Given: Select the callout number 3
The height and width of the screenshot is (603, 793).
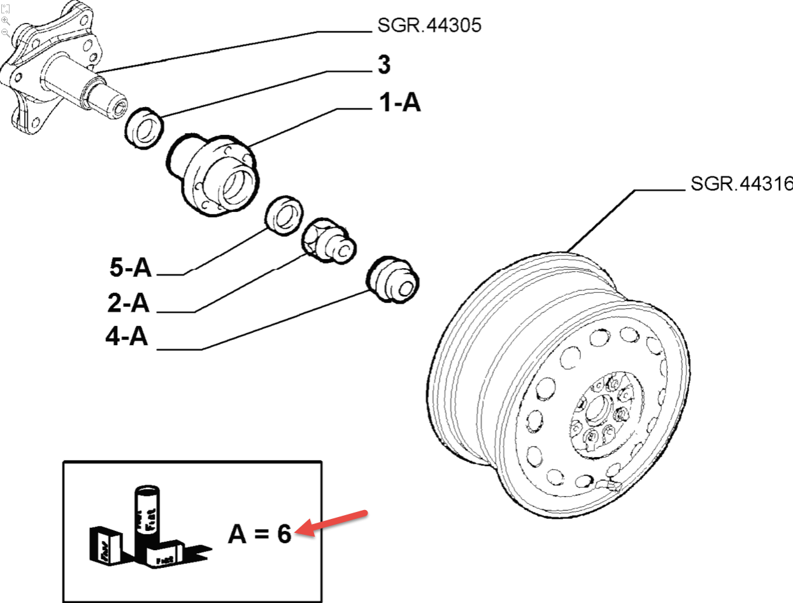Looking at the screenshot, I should pyautogui.click(x=383, y=64).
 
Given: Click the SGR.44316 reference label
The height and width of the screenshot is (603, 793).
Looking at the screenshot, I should pyautogui.click(x=741, y=184).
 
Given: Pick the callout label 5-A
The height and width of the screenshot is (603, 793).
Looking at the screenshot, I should pyautogui.click(x=130, y=268).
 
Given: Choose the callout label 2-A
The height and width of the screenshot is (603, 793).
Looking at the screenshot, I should pyautogui.click(x=128, y=304).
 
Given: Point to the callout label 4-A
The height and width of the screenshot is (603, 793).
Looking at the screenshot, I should pyautogui.click(x=127, y=337).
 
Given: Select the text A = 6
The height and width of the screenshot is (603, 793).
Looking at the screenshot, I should pyautogui.click(x=259, y=534).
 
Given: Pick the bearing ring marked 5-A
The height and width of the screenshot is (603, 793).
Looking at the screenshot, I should pyautogui.click(x=283, y=216).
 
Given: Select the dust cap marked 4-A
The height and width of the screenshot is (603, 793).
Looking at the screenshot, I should pyautogui.click(x=392, y=278).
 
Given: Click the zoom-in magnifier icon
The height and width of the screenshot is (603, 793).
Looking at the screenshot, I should pyautogui.click(x=5, y=20).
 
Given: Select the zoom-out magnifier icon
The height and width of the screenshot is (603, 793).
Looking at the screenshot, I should pyautogui.click(x=5, y=31).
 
